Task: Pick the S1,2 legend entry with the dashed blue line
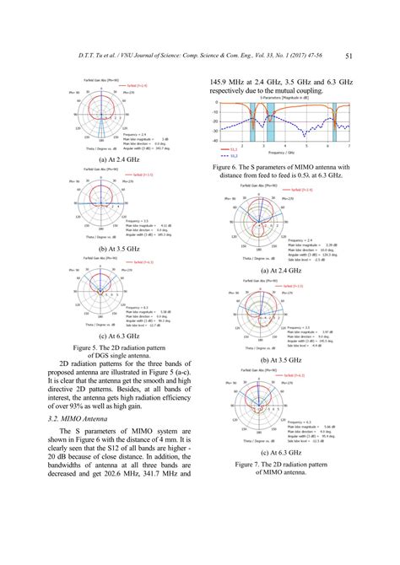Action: pyautogui.click(x=224, y=156)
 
